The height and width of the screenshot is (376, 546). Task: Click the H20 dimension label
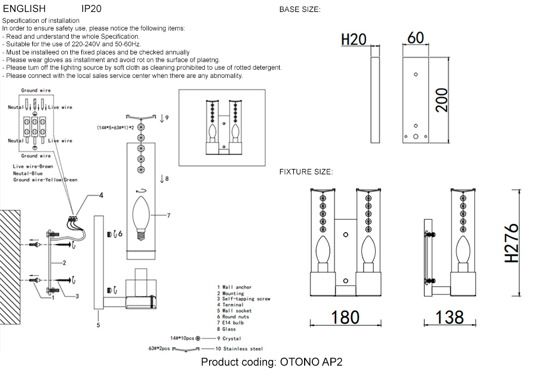pos(353,39)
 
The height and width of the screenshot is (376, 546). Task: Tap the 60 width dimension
pos(416,38)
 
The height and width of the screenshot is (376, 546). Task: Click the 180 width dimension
pos(345,317)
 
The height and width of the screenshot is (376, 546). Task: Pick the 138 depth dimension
pos(450,317)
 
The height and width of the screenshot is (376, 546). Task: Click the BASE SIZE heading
pos(300,10)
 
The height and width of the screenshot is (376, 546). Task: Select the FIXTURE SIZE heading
pos(306,172)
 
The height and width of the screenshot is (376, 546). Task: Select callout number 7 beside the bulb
pos(169,216)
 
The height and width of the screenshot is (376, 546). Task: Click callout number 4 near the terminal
pos(100,195)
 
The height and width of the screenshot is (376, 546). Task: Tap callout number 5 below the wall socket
pos(98,326)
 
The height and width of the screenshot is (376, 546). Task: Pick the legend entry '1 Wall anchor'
pos(234,287)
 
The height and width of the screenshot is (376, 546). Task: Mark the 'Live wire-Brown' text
pos(33,166)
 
